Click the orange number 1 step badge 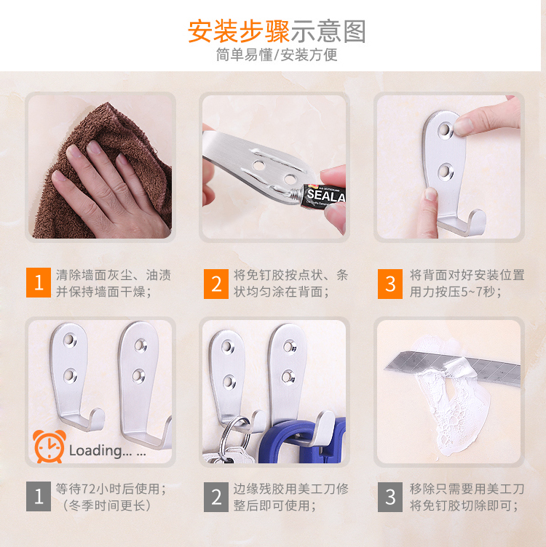point(39,282)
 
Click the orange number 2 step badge point(216,284)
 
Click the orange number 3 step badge point(390,284)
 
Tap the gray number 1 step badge point(39,496)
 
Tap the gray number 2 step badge point(216,497)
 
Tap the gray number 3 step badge point(390,497)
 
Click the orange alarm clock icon point(49,446)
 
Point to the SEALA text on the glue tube point(326,196)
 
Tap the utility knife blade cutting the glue point(454,368)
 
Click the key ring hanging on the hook point(237,433)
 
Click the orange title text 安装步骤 point(239,31)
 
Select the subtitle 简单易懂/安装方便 point(277,55)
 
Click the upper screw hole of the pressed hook point(444,129)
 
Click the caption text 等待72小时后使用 point(111,489)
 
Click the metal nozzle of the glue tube point(296,193)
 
